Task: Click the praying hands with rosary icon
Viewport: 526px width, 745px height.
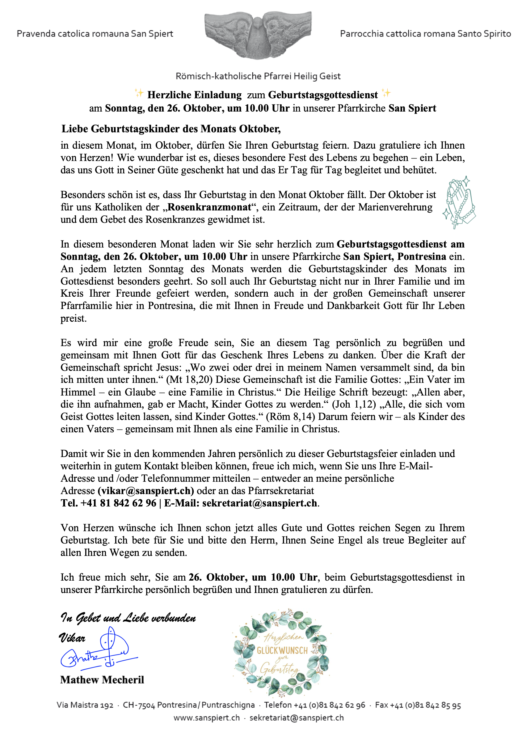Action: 459,202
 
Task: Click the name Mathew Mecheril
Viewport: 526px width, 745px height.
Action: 102,680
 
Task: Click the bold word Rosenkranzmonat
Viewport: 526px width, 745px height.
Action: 209,207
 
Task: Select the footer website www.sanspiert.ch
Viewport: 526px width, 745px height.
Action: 207,718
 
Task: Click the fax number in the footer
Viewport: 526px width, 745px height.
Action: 418,705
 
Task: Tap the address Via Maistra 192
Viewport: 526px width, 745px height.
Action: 85,705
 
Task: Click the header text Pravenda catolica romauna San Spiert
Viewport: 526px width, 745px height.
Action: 95,34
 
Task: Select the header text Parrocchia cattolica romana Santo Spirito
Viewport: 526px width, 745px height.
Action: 425,34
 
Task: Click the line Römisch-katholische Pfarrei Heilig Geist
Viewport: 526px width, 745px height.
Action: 258,76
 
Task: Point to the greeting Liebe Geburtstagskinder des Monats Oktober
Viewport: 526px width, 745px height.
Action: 171,129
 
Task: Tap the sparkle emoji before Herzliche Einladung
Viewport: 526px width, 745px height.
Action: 139,94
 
